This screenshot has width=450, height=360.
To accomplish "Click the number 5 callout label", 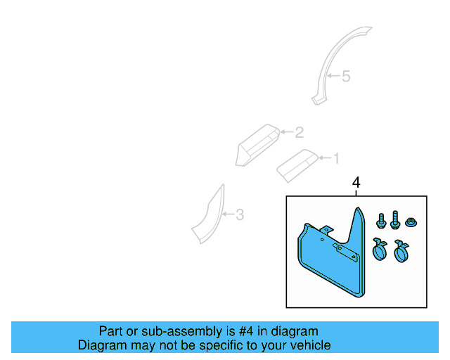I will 345,76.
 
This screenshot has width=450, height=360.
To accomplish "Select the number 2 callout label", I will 299,132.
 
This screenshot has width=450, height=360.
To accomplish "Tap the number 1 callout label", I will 335,157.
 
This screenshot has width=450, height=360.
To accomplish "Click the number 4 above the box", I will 356,183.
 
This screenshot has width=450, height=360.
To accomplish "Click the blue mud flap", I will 330,264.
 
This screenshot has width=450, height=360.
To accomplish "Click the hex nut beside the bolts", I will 411,224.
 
